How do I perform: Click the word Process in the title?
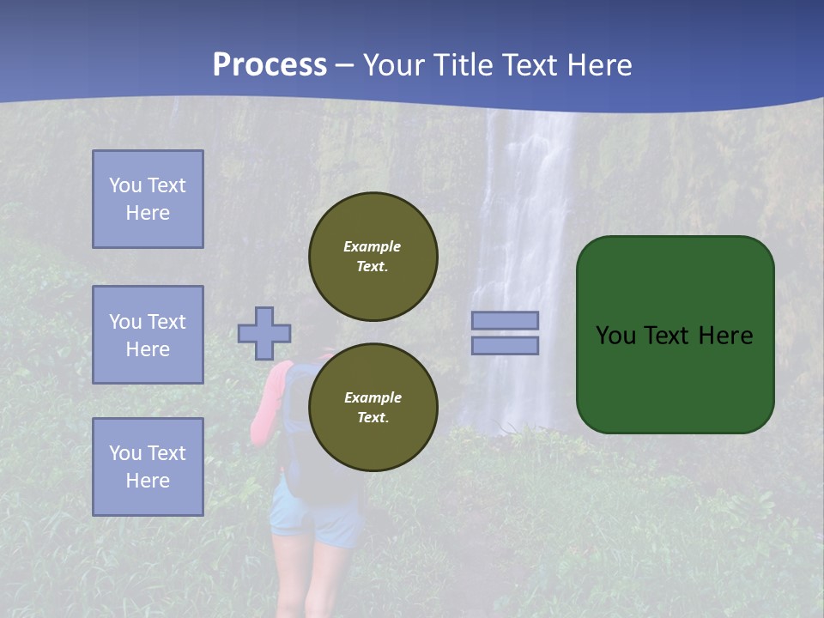click(x=270, y=65)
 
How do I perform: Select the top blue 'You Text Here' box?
click(x=148, y=199)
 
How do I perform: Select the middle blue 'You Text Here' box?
click(x=148, y=335)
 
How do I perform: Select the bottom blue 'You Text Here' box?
click(x=148, y=467)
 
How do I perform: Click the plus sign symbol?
click(x=264, y=333)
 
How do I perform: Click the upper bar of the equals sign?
click(x=505, y=320)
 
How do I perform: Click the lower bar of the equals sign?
click(x=505, y=345)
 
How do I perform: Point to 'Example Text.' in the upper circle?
click(x=373, y=256)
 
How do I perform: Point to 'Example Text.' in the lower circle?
click(x=373, y=407)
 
